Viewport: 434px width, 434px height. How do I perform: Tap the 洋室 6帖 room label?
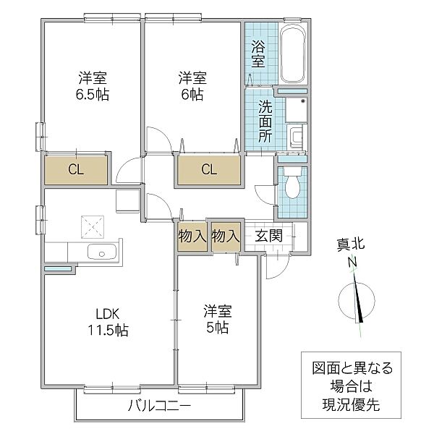[192, 86]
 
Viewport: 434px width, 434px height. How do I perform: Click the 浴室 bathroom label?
[258, 54]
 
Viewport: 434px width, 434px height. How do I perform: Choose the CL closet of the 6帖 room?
[208, 171]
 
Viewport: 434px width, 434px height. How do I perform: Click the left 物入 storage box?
[192, 235]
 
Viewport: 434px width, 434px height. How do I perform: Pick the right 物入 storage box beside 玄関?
[225, 235]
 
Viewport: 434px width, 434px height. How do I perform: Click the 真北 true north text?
[352, 246]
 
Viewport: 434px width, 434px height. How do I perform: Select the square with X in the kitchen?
[93, 226]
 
